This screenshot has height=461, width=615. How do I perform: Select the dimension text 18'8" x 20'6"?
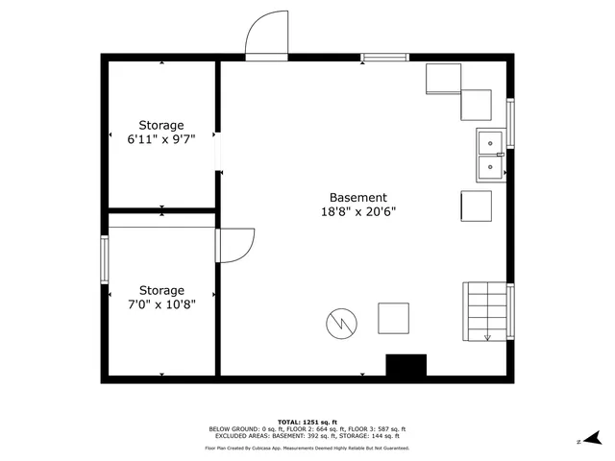click(x=358, y=213)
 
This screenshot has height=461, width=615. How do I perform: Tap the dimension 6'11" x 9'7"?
click(x=161, y=139)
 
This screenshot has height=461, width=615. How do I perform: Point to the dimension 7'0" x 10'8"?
click(x=161, y=305)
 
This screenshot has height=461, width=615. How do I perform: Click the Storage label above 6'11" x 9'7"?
click(x=161, y=125)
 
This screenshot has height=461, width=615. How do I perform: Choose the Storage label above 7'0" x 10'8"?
click(x=161, y=290)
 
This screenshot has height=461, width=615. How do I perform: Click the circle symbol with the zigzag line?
click(x=339, y=324)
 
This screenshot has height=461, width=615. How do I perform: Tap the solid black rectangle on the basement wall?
click(x=406, y=365)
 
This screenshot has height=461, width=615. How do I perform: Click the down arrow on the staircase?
click(x=487, y=335)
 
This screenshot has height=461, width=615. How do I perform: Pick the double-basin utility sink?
click(x=491, y=156)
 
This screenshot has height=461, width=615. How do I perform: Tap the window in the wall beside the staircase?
click(x=510, y=312)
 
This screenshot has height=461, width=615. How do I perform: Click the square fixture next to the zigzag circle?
click(x=394, y=318)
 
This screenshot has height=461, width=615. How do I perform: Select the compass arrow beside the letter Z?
click(x=597, y=437)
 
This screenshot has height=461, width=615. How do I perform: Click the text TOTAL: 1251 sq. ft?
click(x=307, y=422)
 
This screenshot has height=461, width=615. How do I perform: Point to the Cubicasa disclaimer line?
click(x=307, y=448)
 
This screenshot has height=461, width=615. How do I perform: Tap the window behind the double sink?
click(x=510, y=124)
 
